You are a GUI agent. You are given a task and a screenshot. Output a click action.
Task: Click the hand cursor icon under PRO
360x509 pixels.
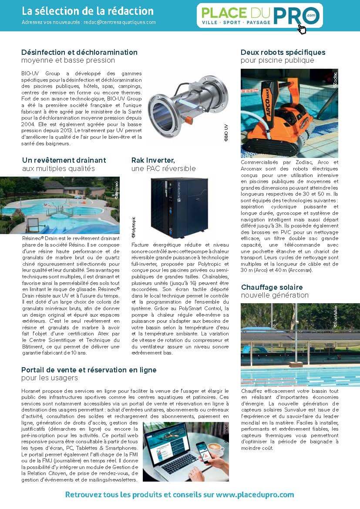pos(301,29)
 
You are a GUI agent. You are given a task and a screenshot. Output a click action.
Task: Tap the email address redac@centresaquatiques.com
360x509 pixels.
pos(121,22)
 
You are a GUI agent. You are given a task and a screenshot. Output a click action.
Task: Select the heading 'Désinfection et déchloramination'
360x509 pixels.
pos(79,52)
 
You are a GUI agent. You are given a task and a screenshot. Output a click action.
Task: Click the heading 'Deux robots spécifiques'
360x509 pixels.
pos(283,52)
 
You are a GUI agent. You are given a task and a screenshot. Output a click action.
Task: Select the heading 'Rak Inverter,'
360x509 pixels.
pos(153,160)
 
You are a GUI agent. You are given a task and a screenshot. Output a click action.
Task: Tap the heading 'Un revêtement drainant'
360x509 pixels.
pos(64,160)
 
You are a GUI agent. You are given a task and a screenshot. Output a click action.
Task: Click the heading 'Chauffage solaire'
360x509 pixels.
pos(272,287)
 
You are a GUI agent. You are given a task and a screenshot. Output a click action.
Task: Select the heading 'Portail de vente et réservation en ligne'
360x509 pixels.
pos(89,370)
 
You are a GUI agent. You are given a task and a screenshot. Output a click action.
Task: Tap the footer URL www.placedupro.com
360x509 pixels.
pos(255,495)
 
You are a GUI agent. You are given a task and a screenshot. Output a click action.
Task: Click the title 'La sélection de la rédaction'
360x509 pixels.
pos(87,11)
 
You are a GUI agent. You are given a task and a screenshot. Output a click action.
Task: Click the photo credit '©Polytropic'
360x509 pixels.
pos(134,228)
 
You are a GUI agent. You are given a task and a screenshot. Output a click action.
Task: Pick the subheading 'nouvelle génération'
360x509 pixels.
pos(275,295)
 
